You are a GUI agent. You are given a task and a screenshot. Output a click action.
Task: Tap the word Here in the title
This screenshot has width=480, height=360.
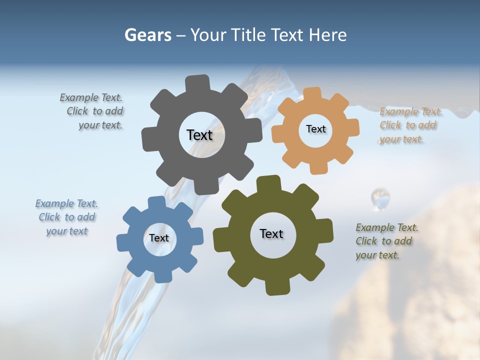click(x=327, y=35)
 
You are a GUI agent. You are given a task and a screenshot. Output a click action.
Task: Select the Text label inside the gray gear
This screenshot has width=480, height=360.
click(x=199, y=135)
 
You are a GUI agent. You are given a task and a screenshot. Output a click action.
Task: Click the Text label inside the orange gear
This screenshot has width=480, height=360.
click(x=315, y=129)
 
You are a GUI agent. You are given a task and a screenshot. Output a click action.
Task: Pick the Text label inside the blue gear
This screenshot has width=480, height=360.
click(x=159, y=238)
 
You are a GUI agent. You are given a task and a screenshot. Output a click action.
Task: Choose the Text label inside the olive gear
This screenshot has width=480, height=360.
click(x=271, y=233)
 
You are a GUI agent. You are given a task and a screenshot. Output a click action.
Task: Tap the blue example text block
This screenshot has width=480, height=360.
click(x=67, y=217)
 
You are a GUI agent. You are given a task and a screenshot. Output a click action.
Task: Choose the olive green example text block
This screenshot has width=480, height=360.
click(x=386, y=241)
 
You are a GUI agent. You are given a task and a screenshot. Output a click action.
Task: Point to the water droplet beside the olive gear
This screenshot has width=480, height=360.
click(x=380, y=198)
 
